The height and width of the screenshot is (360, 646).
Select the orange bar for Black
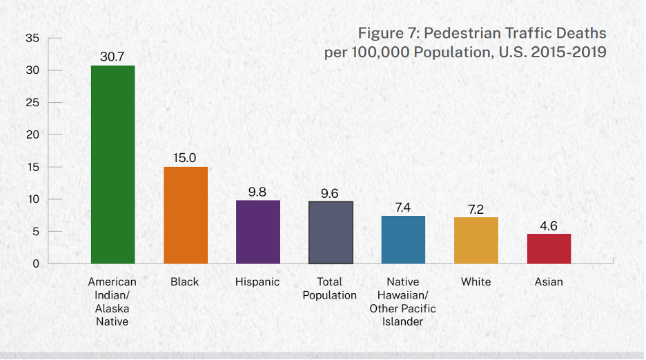(x=186, y=215)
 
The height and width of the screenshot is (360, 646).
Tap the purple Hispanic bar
(x=258, y=232)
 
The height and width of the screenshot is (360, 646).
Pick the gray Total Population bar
(x=331, y=232)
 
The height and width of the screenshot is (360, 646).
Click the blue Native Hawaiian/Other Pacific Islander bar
(x=403, y=239)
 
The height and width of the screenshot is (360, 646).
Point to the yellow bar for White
(x=476, y=240)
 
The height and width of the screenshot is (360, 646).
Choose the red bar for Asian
(x=549, y=248)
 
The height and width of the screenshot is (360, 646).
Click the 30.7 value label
(x=112, y=57)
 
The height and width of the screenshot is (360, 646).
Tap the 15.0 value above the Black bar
(x=185, y=158)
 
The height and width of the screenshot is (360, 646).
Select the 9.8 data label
(x=257, y=192)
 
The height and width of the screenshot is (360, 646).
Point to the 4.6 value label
(x=549, y=226)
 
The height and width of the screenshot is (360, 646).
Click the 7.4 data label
(x=403, y=207)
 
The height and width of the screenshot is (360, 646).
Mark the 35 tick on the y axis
(x=32, y=38)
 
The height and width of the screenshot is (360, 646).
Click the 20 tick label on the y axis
(x=32, y=134)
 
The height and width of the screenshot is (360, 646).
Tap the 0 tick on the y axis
(x=35, y=263)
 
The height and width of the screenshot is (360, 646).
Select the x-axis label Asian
(x=549, y=281)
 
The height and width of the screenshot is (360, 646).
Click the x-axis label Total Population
(x=330, y=288)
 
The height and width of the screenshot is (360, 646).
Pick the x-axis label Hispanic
(x=257, y=281)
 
